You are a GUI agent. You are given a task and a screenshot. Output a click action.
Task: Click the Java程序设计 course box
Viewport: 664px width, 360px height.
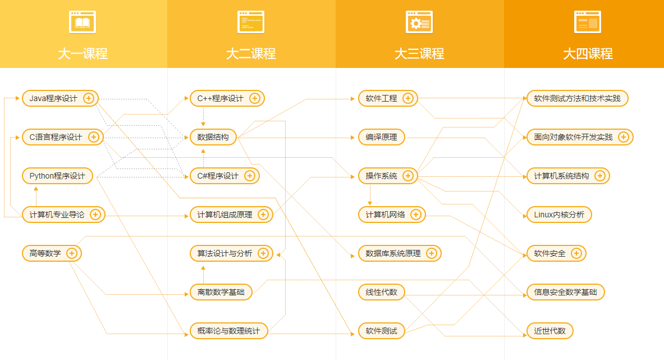click(x=60, y=98)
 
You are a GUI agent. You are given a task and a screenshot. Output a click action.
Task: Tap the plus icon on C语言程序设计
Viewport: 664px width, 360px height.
click(x=94, y=137)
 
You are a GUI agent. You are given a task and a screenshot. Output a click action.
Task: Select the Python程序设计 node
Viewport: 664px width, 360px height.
click(x=57, y=176)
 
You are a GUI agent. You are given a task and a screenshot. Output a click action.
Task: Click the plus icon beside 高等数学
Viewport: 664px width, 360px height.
click(x=72, y=253)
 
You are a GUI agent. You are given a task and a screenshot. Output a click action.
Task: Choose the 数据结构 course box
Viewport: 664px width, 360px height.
click(x=213, y=137)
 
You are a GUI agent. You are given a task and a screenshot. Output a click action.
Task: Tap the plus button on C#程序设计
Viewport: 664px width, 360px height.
click(x=250, y=176)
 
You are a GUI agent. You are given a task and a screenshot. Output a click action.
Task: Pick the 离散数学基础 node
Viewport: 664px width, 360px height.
click(x=221, y=292)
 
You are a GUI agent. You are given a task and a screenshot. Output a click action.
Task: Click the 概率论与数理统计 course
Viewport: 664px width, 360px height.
click(x=228, y=331)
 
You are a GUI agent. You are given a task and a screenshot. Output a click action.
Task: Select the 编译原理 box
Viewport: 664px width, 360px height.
click(x=382, y=137)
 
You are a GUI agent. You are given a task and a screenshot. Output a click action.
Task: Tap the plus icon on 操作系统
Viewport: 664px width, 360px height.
click(x=408, y=176)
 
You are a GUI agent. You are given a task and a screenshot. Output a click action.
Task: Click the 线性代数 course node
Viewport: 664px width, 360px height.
click(x=382, y=292)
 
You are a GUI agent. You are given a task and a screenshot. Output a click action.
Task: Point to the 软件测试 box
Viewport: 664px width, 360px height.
click(x=382, y=331)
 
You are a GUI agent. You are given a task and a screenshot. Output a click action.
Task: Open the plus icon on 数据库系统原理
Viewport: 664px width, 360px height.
click(x=432, y=253)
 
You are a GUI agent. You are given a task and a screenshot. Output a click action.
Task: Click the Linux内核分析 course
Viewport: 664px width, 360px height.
click(x=559, y=215)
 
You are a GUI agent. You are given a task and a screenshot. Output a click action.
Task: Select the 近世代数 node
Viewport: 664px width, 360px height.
click(x=549, y=331)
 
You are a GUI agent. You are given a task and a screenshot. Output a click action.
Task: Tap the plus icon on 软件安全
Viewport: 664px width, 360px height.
click(x=576, y=253)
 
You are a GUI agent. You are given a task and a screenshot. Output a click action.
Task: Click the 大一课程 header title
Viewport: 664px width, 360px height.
click(x=83, y=54)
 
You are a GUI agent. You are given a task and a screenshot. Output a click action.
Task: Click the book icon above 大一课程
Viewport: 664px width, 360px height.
click(x=83, y=22)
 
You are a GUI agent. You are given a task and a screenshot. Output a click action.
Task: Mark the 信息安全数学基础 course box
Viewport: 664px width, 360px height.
click(x=565, y=292)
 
